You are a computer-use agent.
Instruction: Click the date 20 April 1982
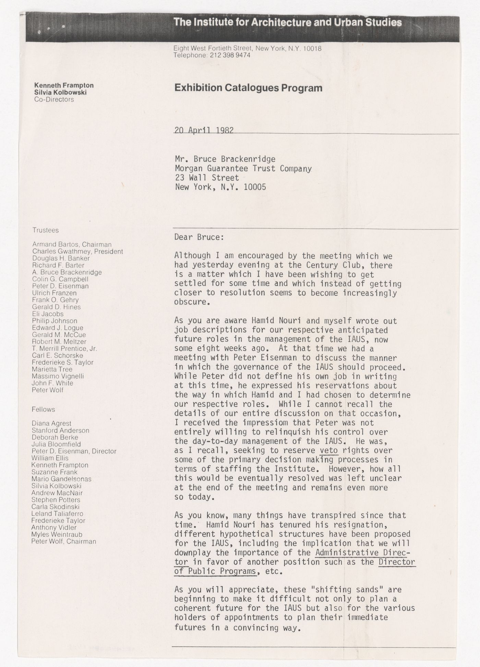204,130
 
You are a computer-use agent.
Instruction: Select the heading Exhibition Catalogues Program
248,88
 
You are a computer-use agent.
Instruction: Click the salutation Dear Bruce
199,237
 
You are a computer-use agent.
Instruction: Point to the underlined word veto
328,450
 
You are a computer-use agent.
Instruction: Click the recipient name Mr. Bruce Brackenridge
225,159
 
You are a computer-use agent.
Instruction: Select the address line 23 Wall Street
207,178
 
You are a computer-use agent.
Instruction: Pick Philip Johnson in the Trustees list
55,321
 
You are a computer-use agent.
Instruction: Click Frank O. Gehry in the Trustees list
55,300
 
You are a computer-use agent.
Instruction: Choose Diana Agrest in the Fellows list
51,423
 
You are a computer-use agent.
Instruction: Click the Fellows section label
43,409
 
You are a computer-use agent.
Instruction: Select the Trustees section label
46,230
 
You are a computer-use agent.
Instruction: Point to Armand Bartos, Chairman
72,245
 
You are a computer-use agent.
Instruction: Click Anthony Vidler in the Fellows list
54,528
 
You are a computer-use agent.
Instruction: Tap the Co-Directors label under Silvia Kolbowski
54,99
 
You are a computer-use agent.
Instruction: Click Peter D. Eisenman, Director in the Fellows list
74,451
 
